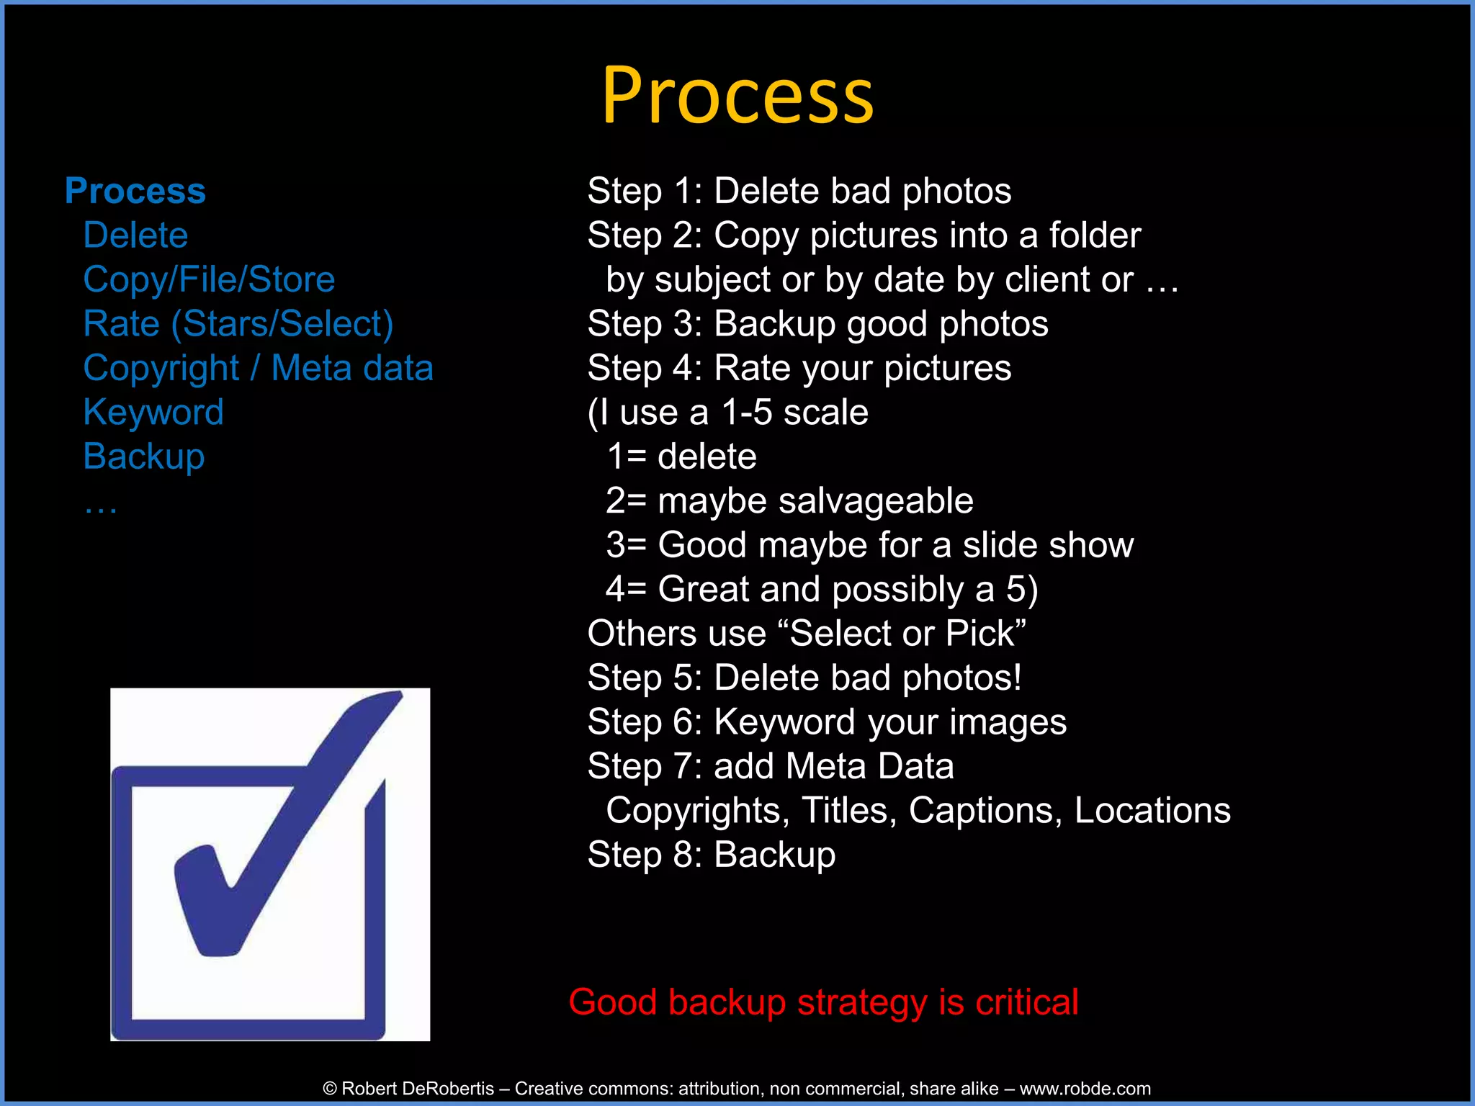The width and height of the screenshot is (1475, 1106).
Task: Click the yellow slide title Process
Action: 737,96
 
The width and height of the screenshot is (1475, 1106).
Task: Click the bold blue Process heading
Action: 135,191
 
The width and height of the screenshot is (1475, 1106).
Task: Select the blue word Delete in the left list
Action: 135,235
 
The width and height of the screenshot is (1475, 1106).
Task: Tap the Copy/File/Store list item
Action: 209,279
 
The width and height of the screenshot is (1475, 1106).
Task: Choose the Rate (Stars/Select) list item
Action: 238,324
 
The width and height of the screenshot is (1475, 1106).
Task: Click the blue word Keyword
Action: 153,413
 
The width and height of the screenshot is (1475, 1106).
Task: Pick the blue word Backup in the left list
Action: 144,457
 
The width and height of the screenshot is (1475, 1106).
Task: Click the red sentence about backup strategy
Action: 823,1002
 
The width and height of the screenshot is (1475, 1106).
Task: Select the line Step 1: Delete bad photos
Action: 799,192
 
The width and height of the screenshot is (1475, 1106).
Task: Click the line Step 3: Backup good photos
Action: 817,324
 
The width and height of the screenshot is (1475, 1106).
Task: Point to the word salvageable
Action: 875,501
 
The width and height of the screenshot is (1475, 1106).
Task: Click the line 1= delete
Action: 681,457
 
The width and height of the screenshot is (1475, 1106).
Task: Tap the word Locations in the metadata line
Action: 1152,811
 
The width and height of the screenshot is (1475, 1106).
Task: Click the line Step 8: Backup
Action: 711,855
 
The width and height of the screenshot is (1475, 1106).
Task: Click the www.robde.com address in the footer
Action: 1085,1089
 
